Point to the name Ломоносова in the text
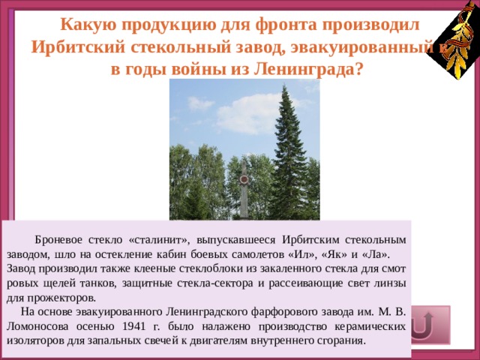click(x=37, y=326)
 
